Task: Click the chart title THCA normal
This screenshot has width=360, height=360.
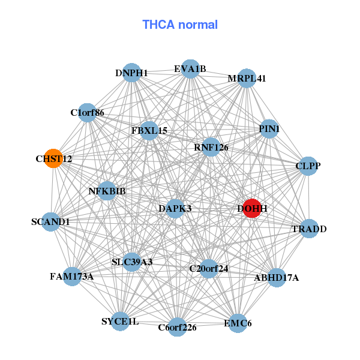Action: [180, 25]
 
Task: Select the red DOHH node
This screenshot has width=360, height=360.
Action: [251, 208]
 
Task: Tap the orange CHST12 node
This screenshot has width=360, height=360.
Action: [54, 158]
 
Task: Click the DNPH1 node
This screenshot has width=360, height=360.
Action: [131, 73]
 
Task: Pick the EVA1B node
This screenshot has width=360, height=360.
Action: [190, 68]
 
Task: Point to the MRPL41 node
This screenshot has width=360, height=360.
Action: [247, 79]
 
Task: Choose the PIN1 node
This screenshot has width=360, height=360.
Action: [269, 129]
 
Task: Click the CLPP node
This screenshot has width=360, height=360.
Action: [307, 166]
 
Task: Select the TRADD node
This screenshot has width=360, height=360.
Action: [308, 229]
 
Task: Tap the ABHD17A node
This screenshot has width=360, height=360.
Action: [276, 278]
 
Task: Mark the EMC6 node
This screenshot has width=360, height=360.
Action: [238, 323]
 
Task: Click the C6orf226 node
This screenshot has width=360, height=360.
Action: [177, 327]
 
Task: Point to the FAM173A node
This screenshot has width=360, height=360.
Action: [71, 276]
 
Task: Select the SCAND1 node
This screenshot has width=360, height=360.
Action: [51, 221]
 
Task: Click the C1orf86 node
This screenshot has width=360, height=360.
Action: [88, 112]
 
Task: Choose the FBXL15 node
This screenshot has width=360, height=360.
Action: [149, 130]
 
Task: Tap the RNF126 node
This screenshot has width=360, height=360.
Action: [211, 147]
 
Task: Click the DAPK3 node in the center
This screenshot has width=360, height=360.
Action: [175, 208]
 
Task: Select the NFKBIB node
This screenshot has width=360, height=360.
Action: [107, 191]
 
